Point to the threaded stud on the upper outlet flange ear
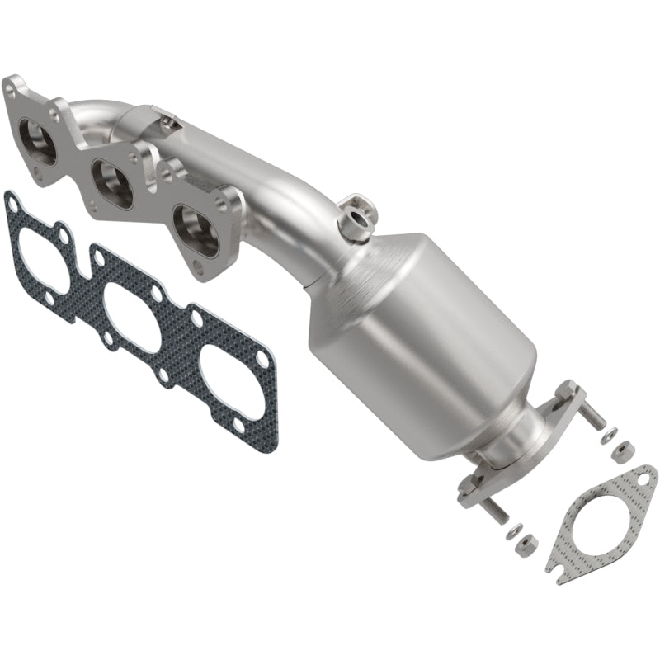[x=595, y=417]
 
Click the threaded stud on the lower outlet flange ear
[x=490, y=512]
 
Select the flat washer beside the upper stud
[x=607, y=436]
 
